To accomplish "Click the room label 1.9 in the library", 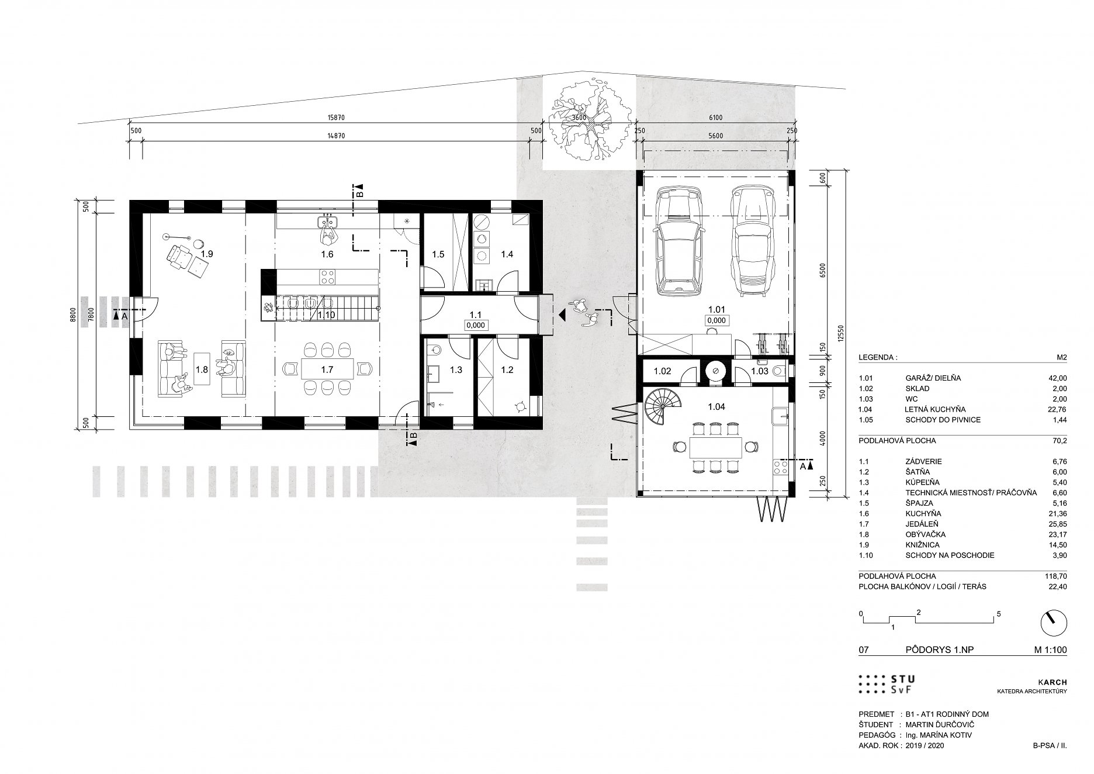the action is point(207,254).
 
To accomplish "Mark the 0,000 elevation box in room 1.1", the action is point(475,326).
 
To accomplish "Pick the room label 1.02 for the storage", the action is point(662,371).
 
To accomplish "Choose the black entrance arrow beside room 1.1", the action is point(562,316).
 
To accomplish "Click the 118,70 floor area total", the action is point(1055,576).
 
